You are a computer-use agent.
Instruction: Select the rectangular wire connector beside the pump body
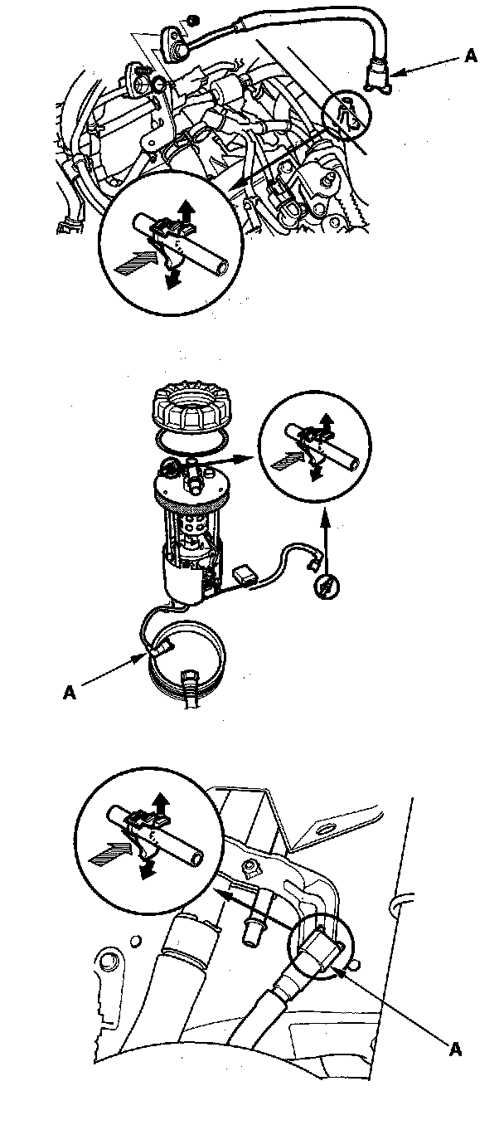(x=245, y=572)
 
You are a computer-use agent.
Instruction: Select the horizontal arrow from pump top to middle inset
(x=228, y=456)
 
